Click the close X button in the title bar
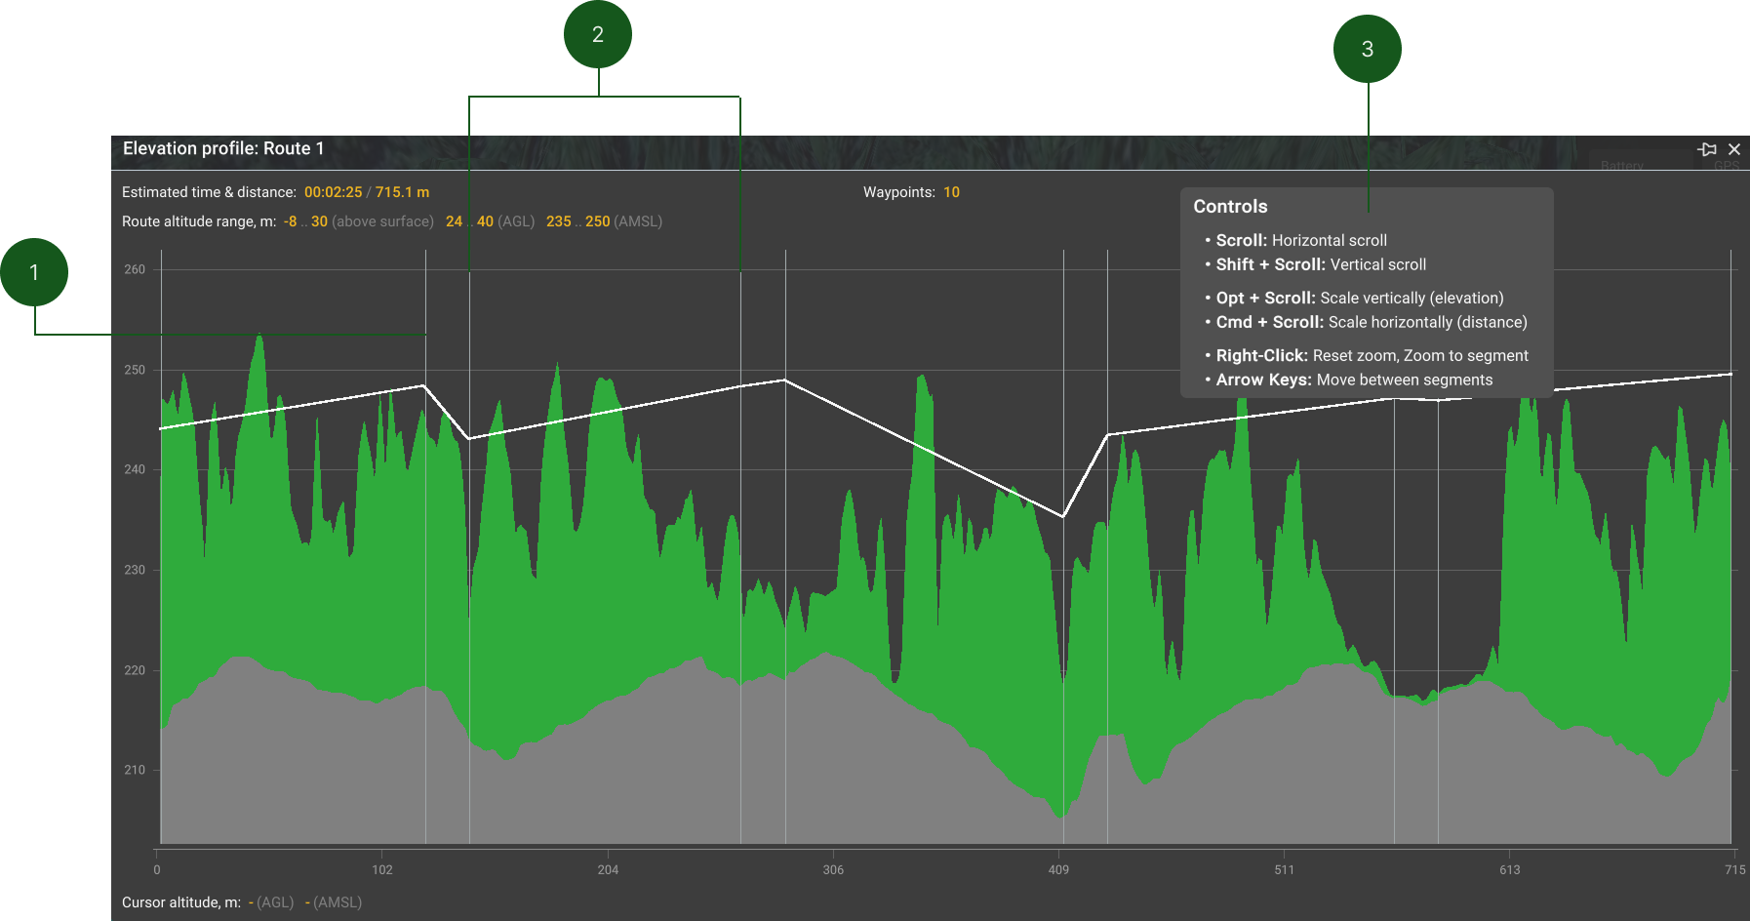pos(1734,149)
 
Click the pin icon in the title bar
pos(1707,149)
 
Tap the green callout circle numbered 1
pos(34,272)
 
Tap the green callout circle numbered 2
pos(598,34)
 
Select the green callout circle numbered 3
pos(1368,49)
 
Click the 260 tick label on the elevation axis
pos(135,269)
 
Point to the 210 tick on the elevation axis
pos(135,770)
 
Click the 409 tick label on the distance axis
pos(1058,869)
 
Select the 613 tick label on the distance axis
pos(1509,869)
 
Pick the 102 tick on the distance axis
pos(382,869)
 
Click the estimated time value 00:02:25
pos(333,192)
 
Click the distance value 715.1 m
pos(402,192)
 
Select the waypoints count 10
pos(951,192)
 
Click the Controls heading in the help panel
pos(1230,207)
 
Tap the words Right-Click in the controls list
pos(1261,356)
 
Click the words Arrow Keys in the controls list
pos(1263,380)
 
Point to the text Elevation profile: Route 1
pos(223,148)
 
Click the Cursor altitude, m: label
pos(181,902)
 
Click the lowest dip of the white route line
pos(1063,516)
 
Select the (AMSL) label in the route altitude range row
pos(638,221)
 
